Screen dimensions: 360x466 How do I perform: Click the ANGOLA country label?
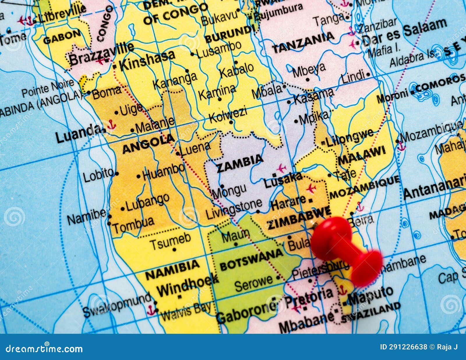pyautogui.click(x=149, y=144)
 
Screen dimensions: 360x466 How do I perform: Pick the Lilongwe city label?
pyautogui.click(x=349, y=138)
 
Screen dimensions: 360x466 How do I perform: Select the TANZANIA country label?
pyautogui.click(x=303, y=43)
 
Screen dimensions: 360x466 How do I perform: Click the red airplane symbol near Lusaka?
pyautogui.click(x=281, y=168)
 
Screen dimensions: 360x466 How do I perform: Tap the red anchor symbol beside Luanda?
pyautogui.click(x=111, y=125)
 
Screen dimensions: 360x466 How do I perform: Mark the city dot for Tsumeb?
pyautogui.click(x=174, y=250)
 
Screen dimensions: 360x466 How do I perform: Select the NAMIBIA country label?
pyautogui.click(x=172, y=270)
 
